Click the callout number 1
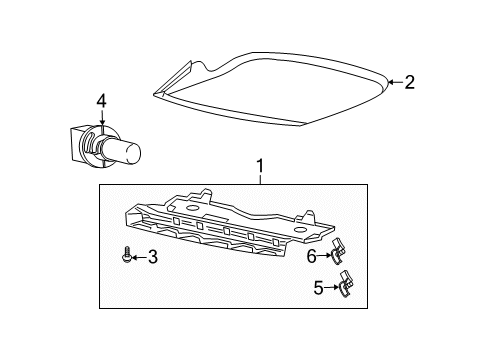[260, 165]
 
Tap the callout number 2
[409, 83]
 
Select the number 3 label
[152, 258]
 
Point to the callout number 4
[100, 101]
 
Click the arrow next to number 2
[394, 83]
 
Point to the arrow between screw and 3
[137, 258]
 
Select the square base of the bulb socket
[80, 144]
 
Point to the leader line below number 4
[100, 125]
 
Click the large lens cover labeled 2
[270, 92]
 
